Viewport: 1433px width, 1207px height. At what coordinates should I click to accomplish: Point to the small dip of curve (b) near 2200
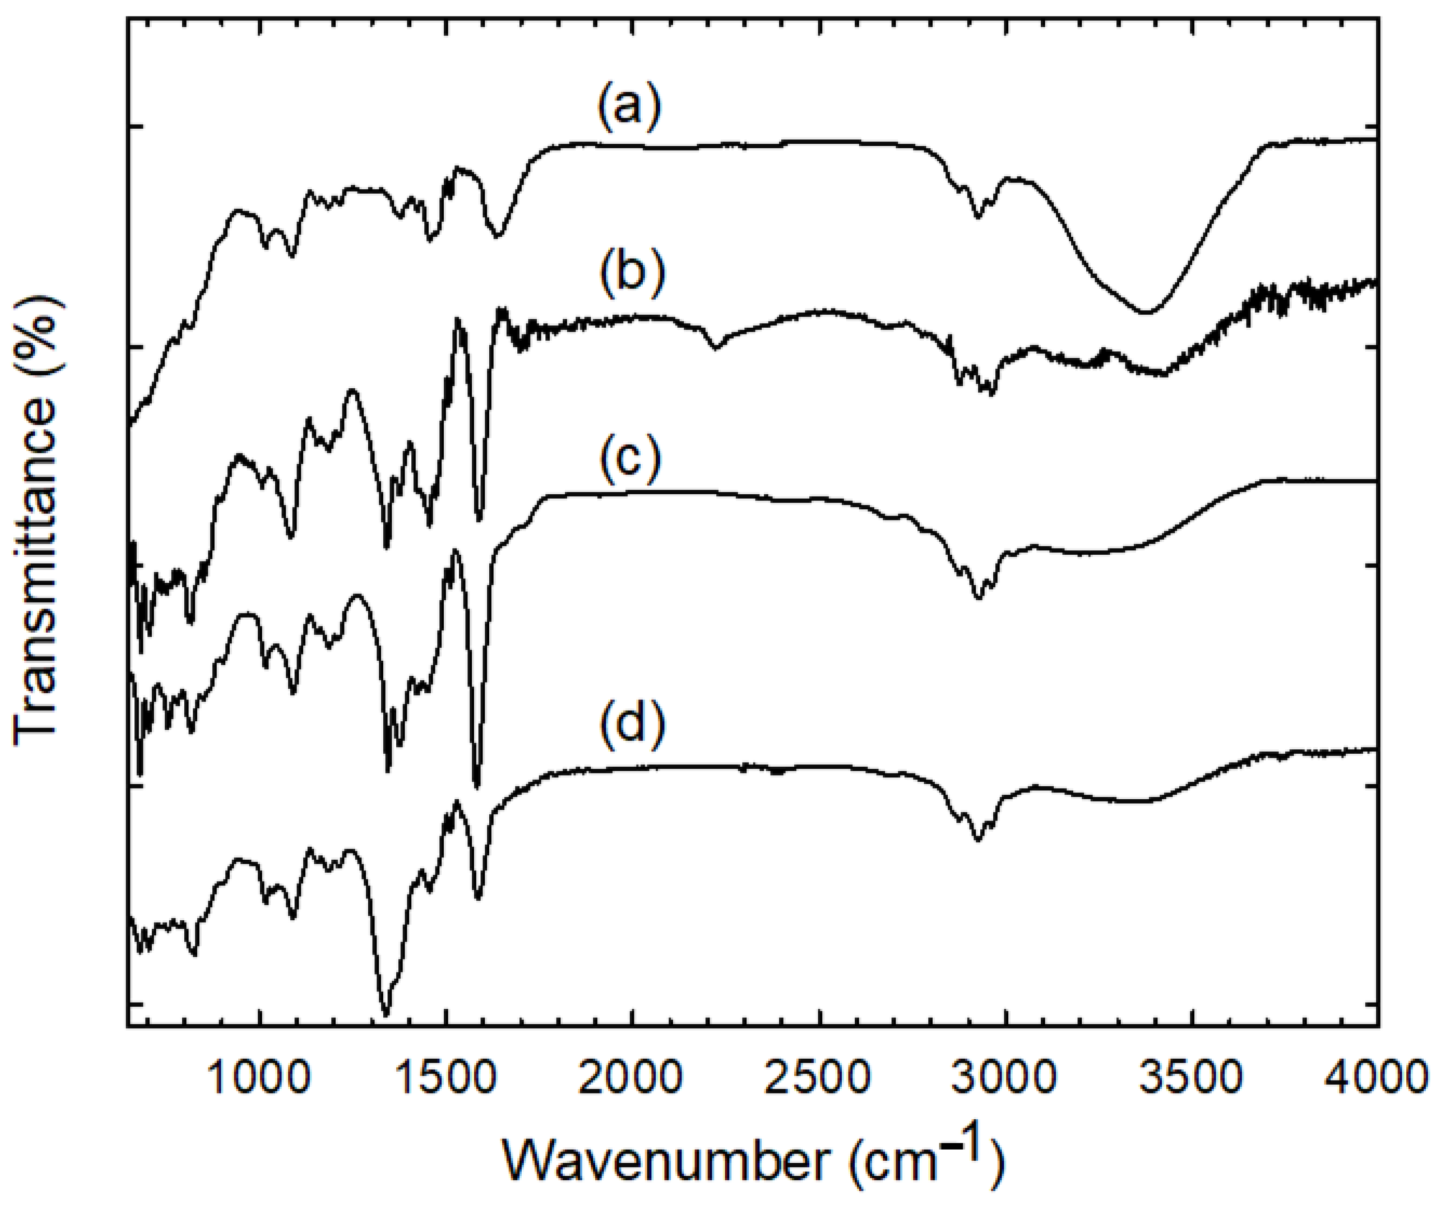coord(715,348)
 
